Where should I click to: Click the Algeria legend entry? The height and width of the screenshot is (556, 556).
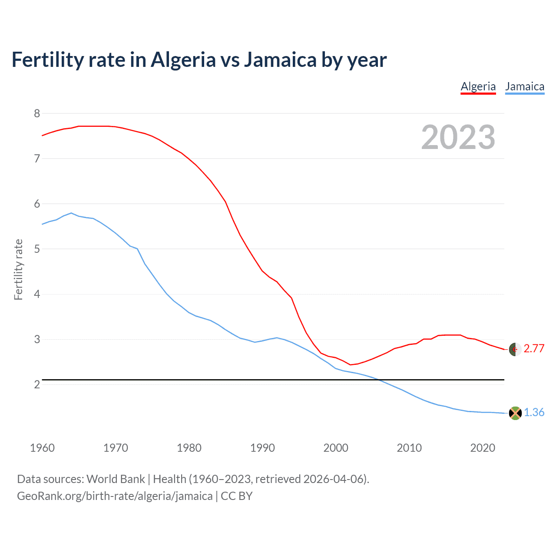click(478, 86)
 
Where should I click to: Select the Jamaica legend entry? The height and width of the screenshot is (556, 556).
click(524, 86)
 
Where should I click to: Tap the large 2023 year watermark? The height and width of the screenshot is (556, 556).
click(458, 137)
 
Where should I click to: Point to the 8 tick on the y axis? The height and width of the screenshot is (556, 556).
click(37, 113)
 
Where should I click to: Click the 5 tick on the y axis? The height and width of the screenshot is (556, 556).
click(37, 249)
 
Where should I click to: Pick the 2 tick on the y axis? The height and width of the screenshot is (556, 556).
click(37, 384)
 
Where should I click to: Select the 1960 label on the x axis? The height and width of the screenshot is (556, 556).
click(42, 448)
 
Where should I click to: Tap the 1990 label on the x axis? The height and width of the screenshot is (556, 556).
click(262, 448)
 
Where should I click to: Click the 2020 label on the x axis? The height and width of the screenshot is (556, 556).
click(483, 448)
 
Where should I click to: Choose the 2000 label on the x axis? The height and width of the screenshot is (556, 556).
click(336, 448)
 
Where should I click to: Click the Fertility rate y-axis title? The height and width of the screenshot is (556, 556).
click(18, 269)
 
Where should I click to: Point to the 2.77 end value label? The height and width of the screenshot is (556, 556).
click(534, 348)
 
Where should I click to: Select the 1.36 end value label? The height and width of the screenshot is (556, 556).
click(534, 412)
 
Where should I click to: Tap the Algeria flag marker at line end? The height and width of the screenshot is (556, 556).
click(515, 349)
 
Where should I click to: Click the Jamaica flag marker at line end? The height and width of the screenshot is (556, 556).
click(515, 413)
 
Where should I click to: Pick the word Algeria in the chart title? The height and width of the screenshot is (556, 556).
click(183, 60)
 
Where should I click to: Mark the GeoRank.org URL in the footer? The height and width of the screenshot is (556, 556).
click(115, 496)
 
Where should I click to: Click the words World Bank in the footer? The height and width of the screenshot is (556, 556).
click(116, 479)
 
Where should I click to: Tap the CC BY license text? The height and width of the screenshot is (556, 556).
click(237, 496)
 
